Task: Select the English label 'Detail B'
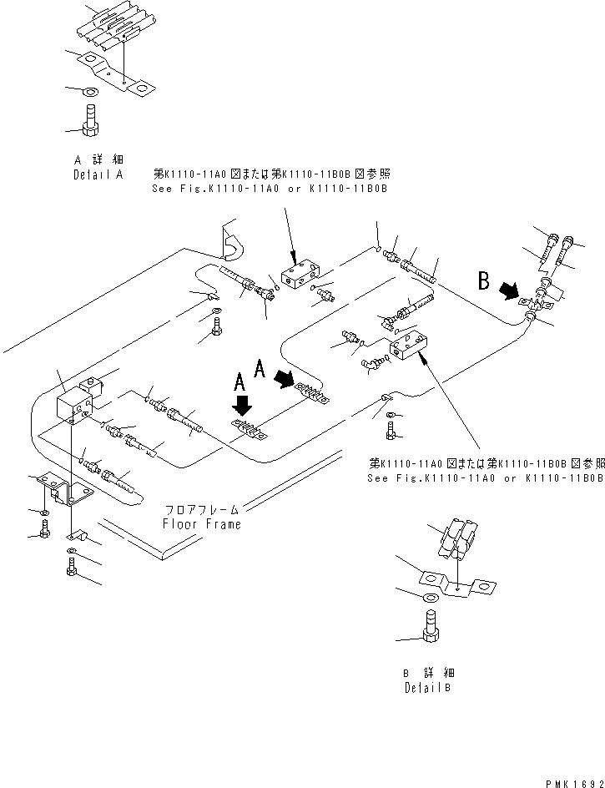click(429, 688)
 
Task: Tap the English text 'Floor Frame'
click(202, 524)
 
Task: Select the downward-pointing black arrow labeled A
click(243, 406)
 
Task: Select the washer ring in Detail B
click(429, 599)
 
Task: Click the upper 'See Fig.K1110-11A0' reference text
click(270, 189)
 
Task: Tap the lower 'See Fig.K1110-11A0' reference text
click(484, 478)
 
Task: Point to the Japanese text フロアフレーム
click(202, 509)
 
